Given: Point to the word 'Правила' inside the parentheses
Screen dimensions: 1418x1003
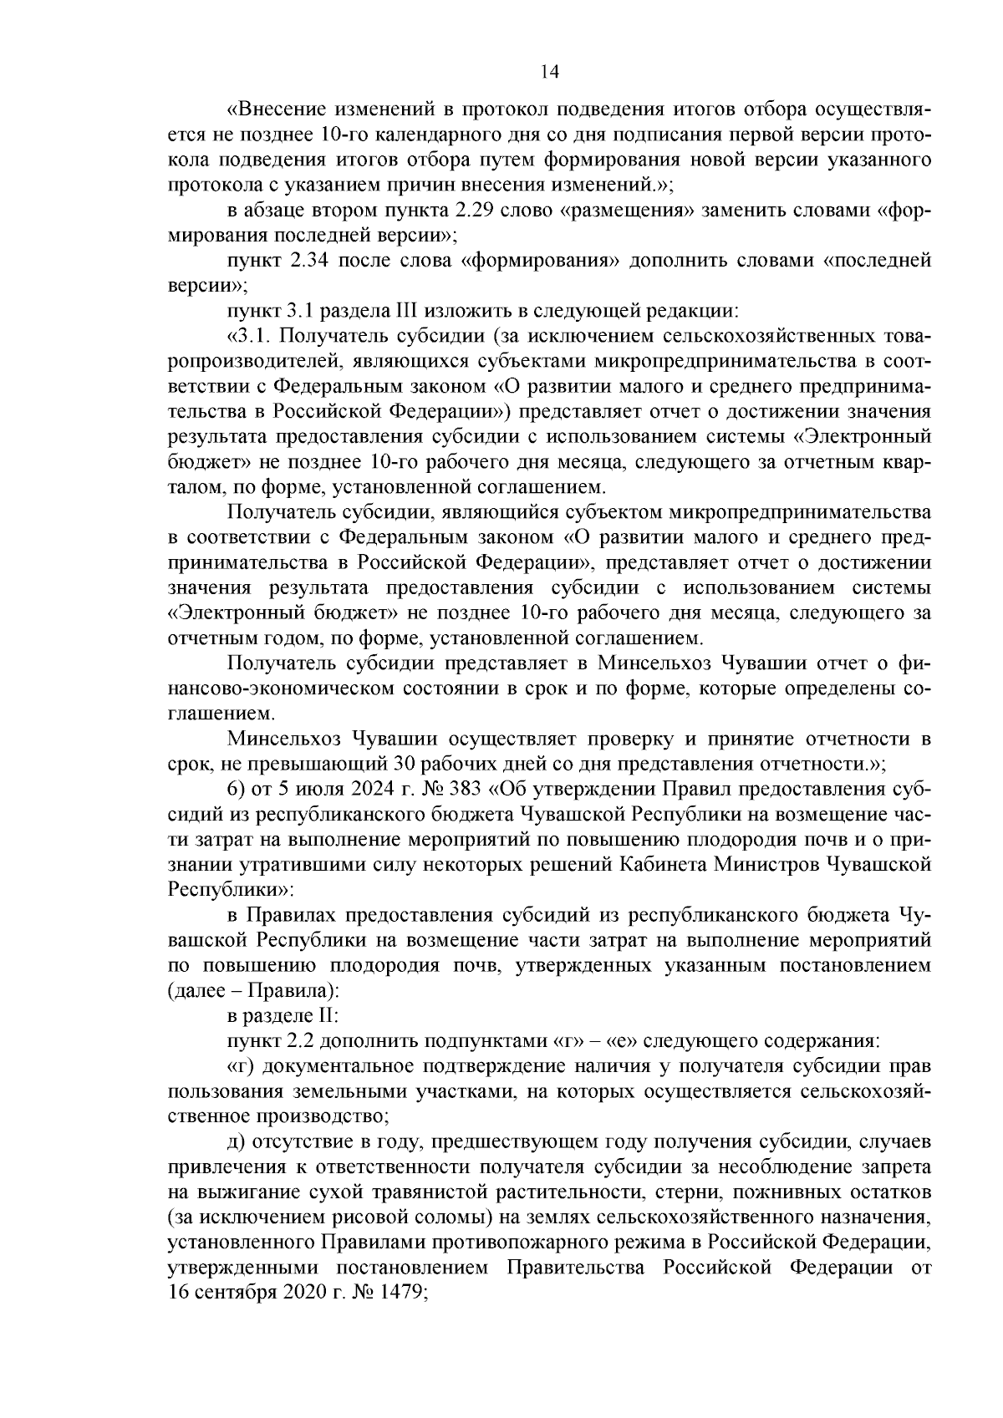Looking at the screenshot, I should coord(299,992).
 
